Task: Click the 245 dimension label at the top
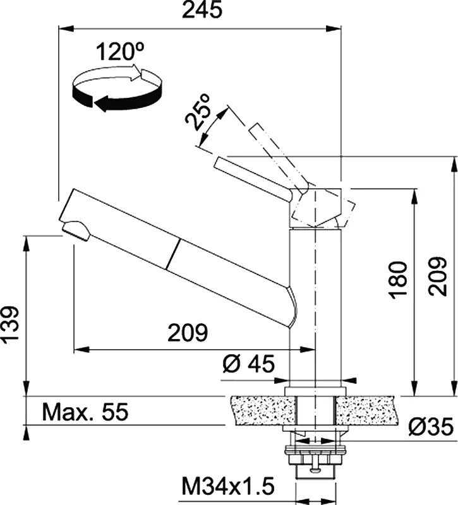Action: click(202, 9)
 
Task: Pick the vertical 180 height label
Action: click(399, 280)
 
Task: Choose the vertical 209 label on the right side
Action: click(437, 276)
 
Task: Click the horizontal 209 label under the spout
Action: click(188, 333)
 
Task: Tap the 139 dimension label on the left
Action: click(10, 325)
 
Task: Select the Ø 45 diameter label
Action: click(248, 364)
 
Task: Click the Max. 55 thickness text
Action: click(85, 412)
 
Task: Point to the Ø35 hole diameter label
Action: click(431, 427)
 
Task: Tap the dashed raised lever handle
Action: click(279, 158)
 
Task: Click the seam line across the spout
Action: click(172, 254)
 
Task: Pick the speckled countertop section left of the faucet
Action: click(263, 410)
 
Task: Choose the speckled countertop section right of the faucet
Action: click(366, 410)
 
